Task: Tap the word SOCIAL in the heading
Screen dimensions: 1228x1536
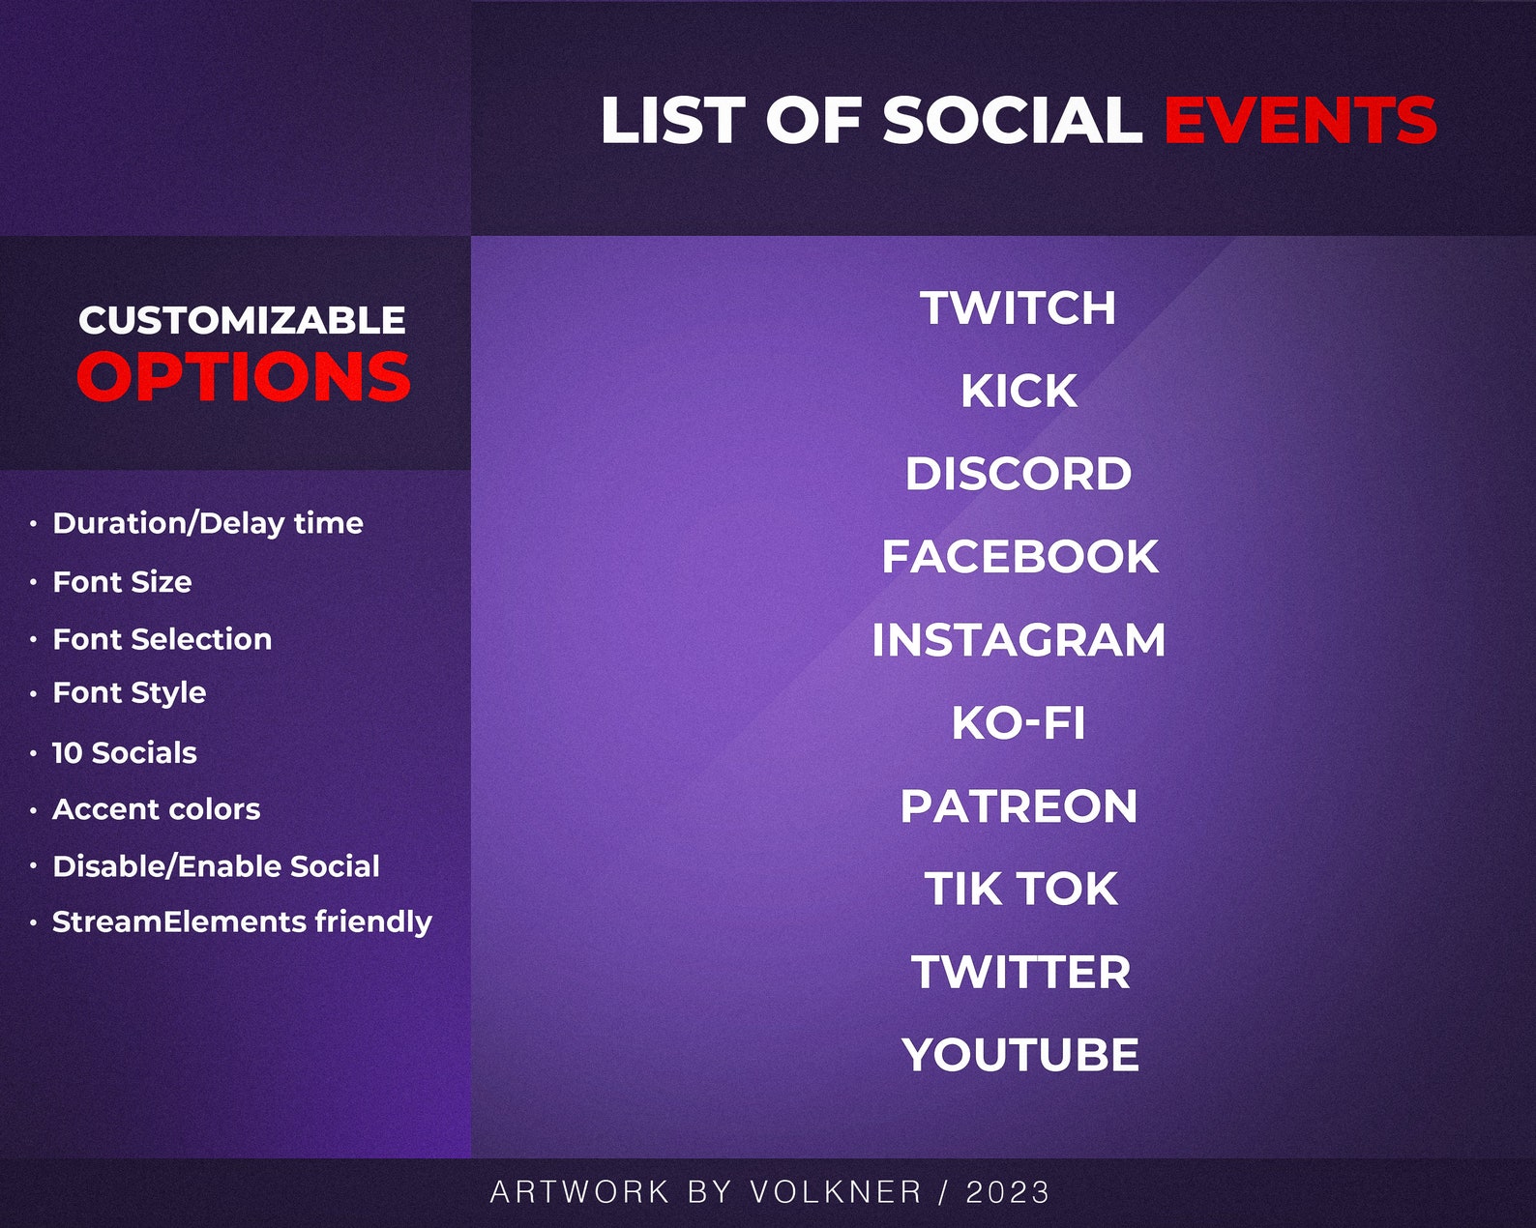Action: tap(1012, 120)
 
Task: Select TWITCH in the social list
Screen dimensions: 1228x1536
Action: tap(1019, 308)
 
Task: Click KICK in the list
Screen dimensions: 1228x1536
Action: tap(1019, 391)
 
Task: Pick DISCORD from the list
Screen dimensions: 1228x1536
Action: tap(1019, 474)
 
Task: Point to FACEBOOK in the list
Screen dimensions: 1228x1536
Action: tap(1019, 557)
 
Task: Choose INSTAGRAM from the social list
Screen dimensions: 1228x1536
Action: tap(1019, 640)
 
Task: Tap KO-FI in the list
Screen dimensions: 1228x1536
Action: tap(1019, 723)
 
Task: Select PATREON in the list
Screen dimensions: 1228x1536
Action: tap(1019, 806)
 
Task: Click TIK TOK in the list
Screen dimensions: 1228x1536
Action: tap(1020, 889)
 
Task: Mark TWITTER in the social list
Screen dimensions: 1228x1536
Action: tap(1020, 972)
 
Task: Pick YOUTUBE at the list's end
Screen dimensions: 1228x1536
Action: tap(1020, 1055)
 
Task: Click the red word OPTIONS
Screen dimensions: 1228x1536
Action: tap(244, 376)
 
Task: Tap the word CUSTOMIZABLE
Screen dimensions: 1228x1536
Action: tap(242, 320)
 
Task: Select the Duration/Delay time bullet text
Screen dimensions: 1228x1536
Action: tap(208, 523)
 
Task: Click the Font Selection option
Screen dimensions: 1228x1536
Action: tap(162, 639)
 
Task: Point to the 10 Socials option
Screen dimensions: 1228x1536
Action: tap(124, 752)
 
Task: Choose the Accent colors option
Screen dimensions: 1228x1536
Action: tap(156, 809)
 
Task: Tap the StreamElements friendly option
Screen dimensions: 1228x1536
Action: tap(242, 921)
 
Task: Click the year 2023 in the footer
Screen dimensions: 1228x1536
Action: tap(1007, 1192)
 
